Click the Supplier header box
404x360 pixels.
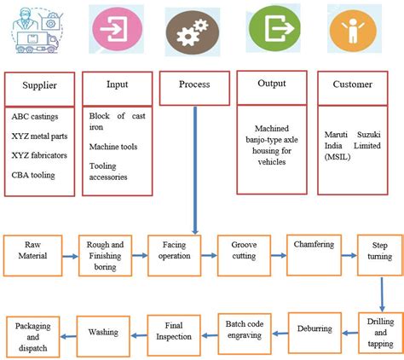[x=40, y=87]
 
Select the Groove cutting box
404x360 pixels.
[x=244, y=249]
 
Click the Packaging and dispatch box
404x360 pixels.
[x=34, y=335]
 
